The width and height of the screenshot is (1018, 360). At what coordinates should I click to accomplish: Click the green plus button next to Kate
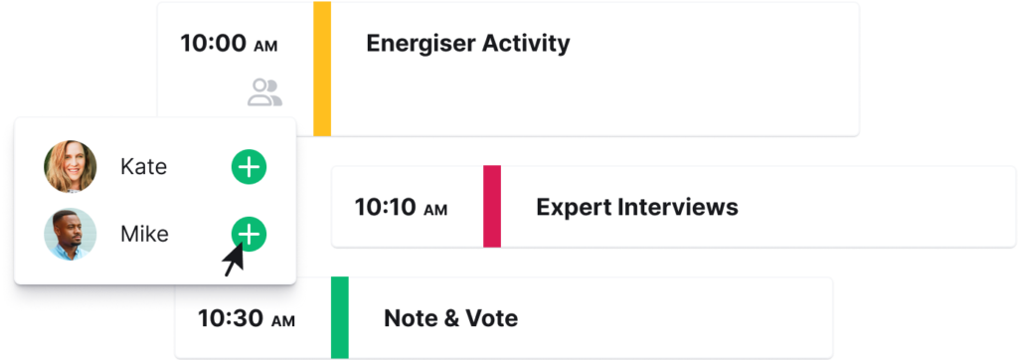point(249,167)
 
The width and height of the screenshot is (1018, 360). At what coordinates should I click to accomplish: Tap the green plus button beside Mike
point(249,234)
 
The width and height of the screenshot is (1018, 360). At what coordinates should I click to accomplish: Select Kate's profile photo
point(71,167)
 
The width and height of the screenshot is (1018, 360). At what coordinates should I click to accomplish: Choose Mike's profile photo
point(71,235)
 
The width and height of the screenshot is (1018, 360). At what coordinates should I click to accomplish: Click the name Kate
point(143,167)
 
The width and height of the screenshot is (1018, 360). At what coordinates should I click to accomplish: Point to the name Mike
point(144,235)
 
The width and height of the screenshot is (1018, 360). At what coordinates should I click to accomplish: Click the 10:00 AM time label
point(228,44)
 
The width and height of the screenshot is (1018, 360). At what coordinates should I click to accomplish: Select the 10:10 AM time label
point(401,208)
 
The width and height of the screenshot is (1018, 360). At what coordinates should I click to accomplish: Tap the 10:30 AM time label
point(246,319)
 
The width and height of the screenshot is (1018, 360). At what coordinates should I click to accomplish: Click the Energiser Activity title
point(468,44)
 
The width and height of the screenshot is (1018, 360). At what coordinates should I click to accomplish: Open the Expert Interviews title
point(636,208)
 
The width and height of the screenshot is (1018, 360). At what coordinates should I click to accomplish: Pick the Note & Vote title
point(450,319)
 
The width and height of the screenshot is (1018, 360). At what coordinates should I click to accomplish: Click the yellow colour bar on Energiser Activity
point(322,70)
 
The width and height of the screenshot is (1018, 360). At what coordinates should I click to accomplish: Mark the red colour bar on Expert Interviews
point(491,207)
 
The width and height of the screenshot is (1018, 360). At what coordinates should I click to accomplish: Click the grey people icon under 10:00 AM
point(264,92)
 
